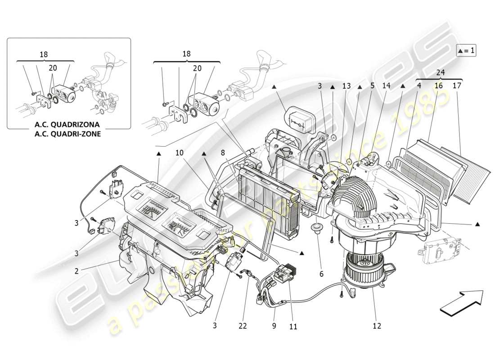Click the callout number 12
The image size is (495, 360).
tap(377, 326)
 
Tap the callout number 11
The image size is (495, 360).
tap(293, 327)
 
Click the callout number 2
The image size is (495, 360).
tap(76, 271)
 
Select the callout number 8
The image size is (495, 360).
tap(222, 153)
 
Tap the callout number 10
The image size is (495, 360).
tap(180, 153)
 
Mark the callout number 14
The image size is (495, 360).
tap(386, 85)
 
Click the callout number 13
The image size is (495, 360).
tap(346, 85)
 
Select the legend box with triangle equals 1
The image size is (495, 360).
tap(466, 50)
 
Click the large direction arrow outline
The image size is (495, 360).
tap(461, 301)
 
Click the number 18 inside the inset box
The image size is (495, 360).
tap(44, 54)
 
